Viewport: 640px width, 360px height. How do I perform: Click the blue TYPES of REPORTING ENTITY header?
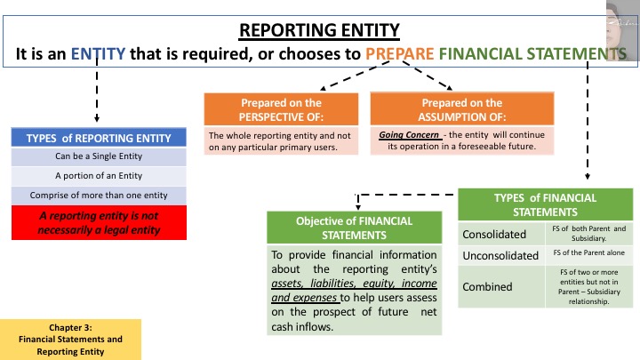(98, 138)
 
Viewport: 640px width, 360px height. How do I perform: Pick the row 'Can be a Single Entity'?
(98, 156)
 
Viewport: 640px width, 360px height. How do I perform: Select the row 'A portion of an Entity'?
(98, 175)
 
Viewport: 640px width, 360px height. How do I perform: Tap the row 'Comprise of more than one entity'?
(98, 194)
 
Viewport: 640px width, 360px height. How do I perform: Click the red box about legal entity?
(98, 219)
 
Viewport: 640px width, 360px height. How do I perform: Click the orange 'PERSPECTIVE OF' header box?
(281, 110)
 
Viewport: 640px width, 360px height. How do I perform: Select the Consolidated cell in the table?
(500, 235)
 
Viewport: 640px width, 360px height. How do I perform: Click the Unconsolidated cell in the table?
(500, 256)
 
